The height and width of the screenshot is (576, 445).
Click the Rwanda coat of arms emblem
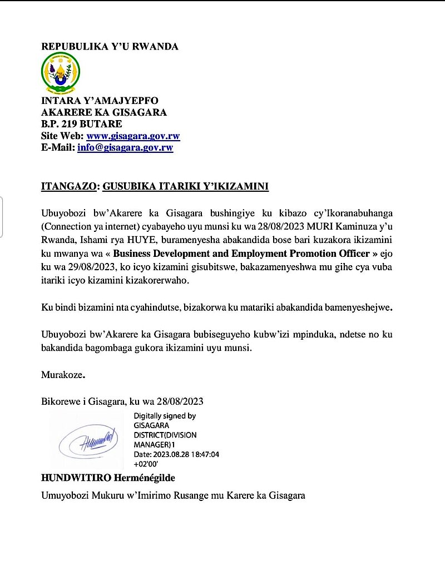pyautogui.click(x=61, y=74)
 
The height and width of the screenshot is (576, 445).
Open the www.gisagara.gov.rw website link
pyautogui.click(x=133, y=136)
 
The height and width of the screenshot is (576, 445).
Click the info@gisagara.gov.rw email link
pyautogui.click(x=125, y=148)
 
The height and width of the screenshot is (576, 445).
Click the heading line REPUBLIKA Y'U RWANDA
pyautogui.click(x=110, y=47)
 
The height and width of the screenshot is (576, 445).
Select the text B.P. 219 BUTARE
pyautogui.click(x=81, y=124)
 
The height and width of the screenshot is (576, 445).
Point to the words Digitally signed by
pyautogui.click(x=165, y=416)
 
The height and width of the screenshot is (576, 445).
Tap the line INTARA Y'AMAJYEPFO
pyautogui.click(x=100, y=101)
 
